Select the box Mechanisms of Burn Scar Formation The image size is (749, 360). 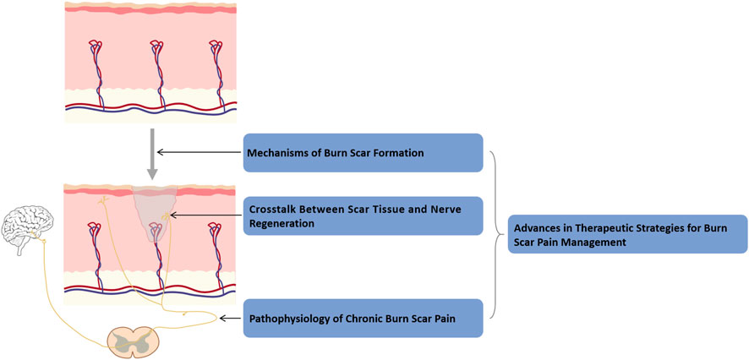pos(363,153)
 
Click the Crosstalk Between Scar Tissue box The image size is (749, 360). pos(363,216)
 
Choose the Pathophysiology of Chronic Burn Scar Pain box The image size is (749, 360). pos(363,319)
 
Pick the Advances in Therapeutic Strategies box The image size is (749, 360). pos(626,232)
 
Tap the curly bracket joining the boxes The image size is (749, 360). pos(497,232)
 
